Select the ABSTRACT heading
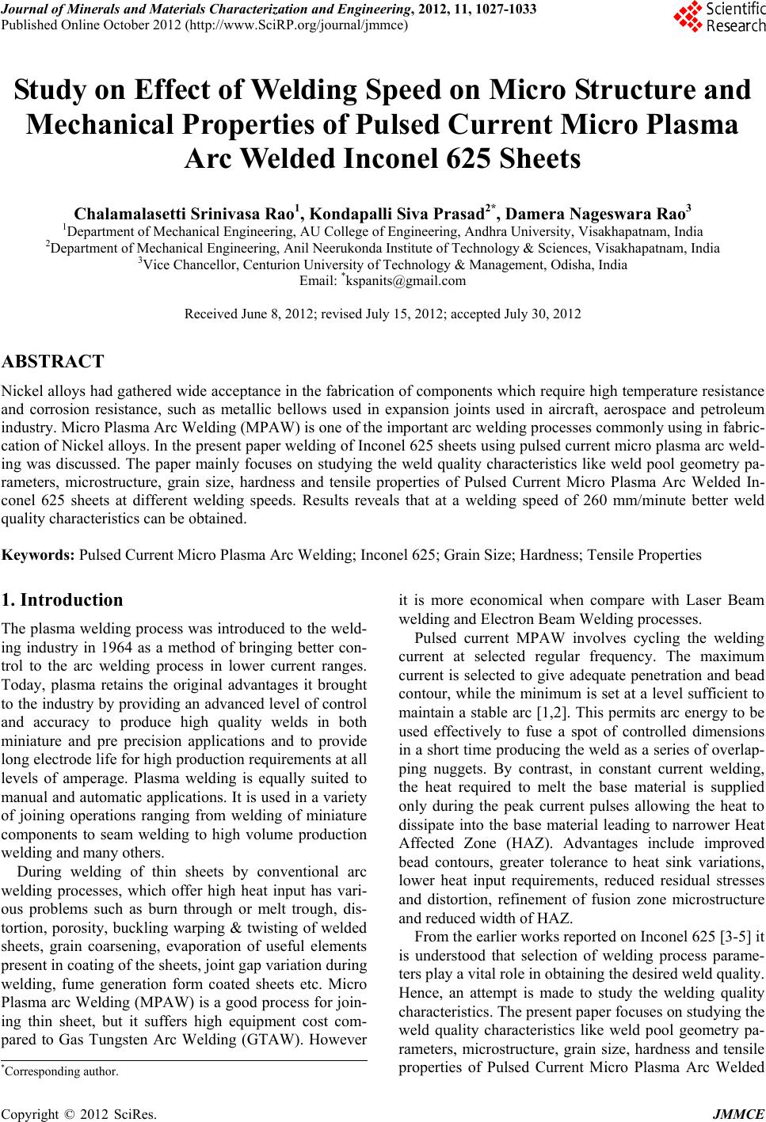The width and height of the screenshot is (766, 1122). [53, 363]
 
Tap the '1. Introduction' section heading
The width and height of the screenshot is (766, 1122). [63, 599]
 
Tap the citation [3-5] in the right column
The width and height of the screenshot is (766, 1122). [734, 934]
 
